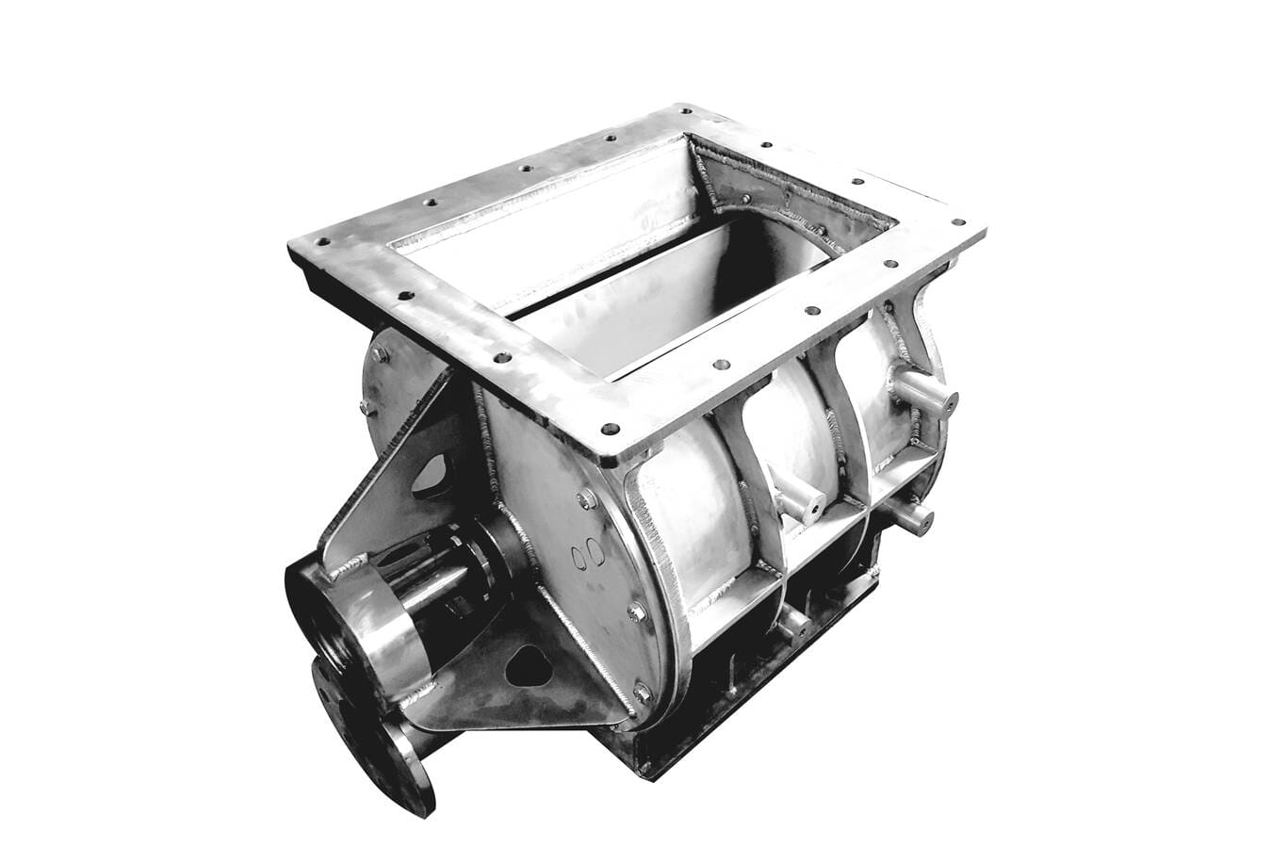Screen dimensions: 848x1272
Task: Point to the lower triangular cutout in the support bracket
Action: point(527,666)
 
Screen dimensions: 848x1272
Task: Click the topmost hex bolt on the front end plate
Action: point(586,498)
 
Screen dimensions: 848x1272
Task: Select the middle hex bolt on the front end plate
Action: point(637,612)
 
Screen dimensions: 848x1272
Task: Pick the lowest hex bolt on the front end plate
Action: point(643,693)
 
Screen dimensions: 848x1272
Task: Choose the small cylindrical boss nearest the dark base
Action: point(794,622)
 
